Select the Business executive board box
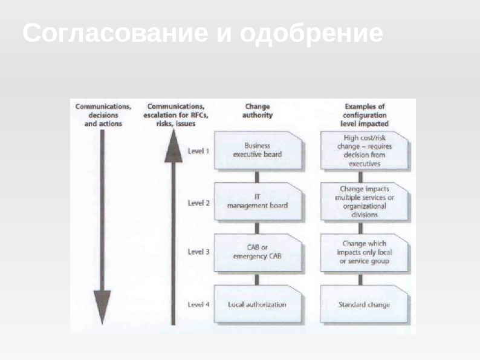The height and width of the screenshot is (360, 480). pos(258,150)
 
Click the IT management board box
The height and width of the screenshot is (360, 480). pos(258,201)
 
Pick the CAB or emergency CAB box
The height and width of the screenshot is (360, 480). pos(258,252)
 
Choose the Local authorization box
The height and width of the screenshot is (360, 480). pos(258,304)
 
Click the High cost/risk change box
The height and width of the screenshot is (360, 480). pos(363,150)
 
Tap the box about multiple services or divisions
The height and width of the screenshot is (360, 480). pos(363,201)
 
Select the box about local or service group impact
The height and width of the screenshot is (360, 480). pos(363,252)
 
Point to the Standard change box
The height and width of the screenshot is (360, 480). pos(363,304)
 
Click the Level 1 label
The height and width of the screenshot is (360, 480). pos(199,150)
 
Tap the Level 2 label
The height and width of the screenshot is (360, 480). pos(199,202)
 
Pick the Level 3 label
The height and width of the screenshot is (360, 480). pos(199,252)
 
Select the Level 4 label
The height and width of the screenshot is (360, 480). pos(199,304)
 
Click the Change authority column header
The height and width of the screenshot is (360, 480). pos(258,111)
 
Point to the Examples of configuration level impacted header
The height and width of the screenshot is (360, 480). pos(365,114)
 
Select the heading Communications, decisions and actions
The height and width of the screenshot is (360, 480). pos(103,114)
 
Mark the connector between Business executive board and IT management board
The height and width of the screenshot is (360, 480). pos(258,176)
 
